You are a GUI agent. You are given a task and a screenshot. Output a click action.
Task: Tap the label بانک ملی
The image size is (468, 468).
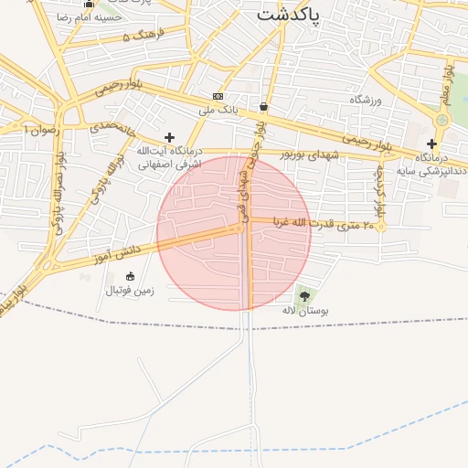click(x=218, y=111)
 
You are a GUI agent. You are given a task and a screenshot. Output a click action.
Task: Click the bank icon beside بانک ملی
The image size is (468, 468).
click(x=218, y=96)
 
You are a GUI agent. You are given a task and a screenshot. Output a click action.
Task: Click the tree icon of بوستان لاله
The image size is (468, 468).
click(x=304, y=296)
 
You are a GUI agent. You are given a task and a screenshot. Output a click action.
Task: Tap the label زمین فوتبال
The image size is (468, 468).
click(x=131, y=291)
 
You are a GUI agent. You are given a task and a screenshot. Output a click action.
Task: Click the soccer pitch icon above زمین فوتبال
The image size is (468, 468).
click(x=130, y=276)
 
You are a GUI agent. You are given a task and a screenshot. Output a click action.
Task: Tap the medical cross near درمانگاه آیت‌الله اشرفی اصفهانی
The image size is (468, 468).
click(x=169, y=137)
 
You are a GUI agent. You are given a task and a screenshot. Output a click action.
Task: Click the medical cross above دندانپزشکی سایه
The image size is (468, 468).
click(x=431, y=144)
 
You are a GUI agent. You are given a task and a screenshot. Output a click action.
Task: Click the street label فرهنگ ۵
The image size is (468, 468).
click(x=142, y=35)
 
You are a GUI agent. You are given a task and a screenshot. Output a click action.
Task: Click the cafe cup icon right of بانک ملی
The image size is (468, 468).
click(x=263, y=105)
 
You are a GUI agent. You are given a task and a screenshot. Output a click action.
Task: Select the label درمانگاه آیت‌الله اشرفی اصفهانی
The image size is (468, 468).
click(x=169, y=157)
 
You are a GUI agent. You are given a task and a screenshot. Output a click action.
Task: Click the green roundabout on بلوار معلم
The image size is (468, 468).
click(x=443, y=120)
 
